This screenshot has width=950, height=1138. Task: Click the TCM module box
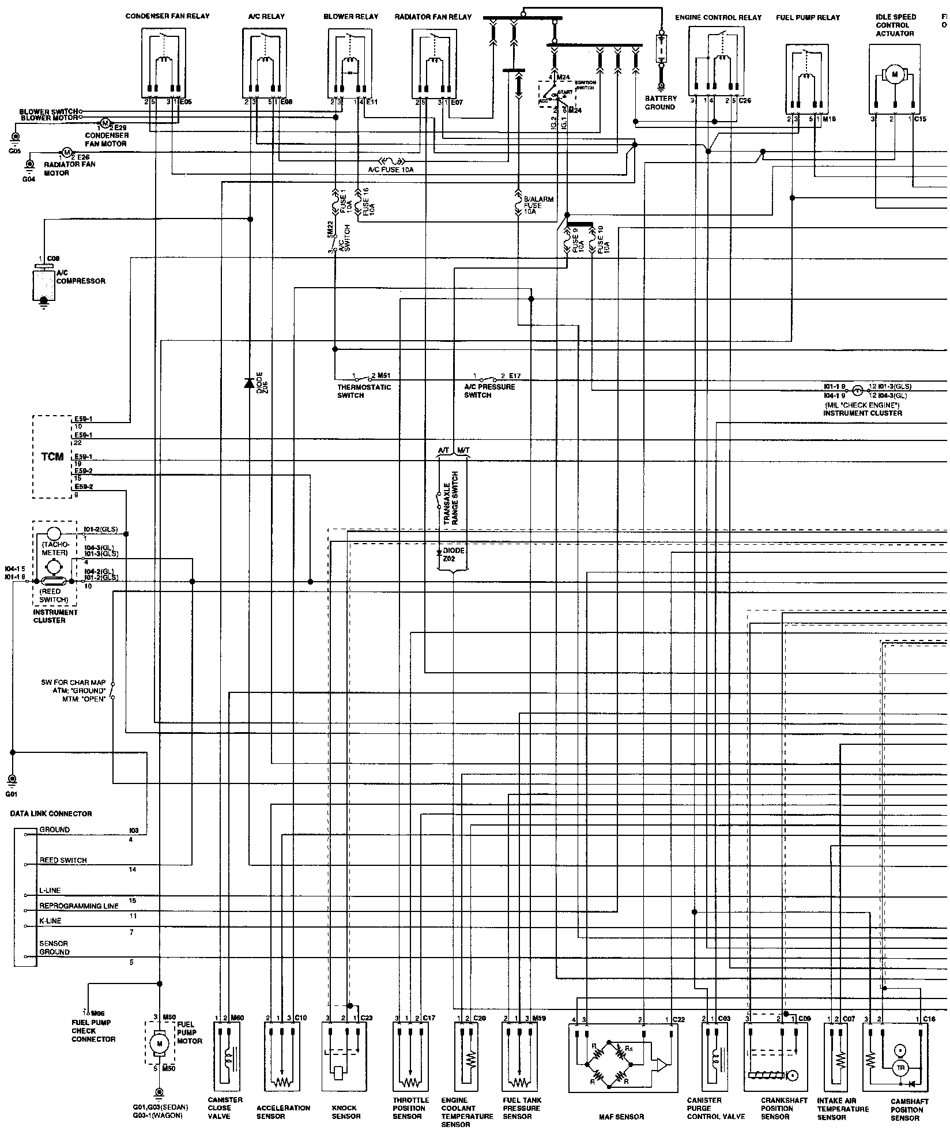coord(52,456)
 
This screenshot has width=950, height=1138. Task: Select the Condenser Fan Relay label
coord(167,16)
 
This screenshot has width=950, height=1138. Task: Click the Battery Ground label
coord(661,103)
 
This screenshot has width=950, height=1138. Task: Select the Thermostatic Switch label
coord(364,391)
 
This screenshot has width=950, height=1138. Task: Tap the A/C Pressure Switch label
coord(489,391)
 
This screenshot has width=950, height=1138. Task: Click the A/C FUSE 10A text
coord(391,170)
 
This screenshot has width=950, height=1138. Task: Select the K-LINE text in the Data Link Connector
coord(50,921)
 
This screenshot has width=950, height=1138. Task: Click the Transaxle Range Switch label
coord(450,498)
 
